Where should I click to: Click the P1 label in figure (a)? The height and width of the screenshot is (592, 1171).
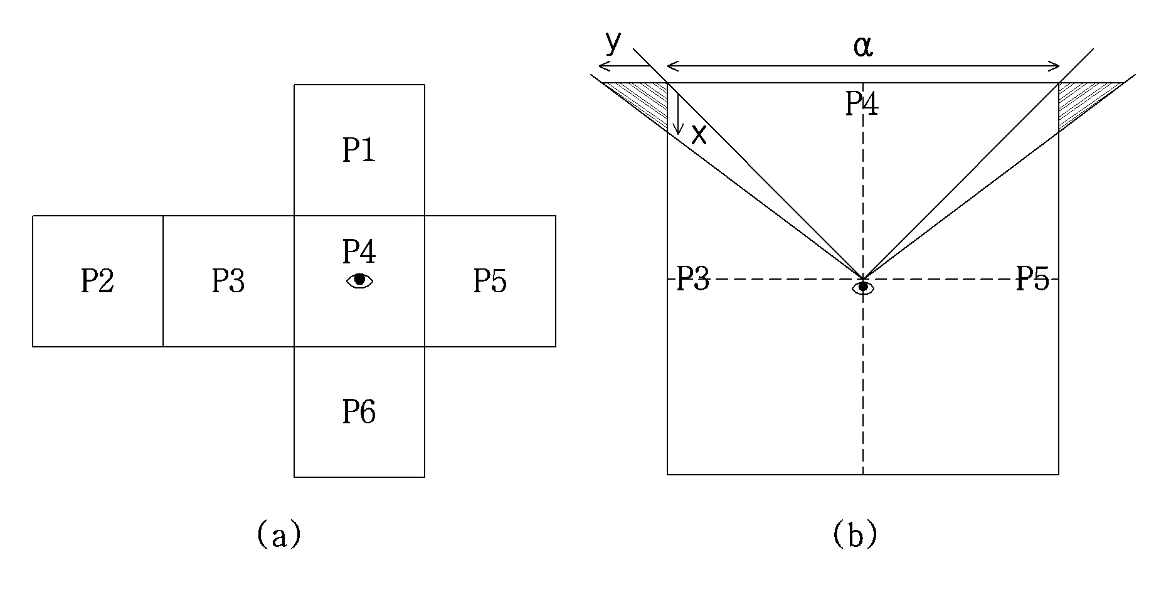359,151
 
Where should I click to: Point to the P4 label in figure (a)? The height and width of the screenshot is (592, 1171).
359,251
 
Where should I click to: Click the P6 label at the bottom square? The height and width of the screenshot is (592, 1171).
359,412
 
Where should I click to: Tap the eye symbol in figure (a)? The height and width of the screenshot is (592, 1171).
359,281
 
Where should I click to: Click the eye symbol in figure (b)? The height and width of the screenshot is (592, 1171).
863,287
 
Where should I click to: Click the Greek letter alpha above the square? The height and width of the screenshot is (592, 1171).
863,46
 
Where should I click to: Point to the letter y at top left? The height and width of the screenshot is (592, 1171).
613,43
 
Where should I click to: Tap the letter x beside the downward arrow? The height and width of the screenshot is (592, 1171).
699,134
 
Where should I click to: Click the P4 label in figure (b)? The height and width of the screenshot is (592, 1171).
862,103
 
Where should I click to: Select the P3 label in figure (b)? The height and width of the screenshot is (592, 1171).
692,278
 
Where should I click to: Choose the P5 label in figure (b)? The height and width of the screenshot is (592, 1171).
1032,278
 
